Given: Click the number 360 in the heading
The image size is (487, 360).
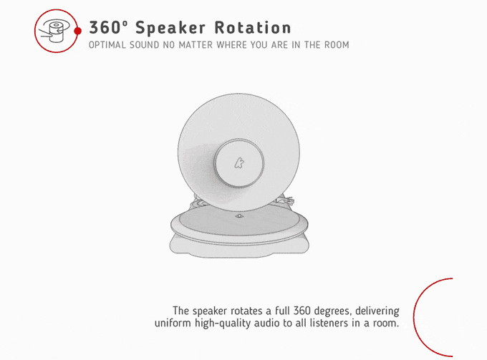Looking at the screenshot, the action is pos(105,28).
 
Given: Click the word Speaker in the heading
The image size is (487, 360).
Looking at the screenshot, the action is pos(170,29).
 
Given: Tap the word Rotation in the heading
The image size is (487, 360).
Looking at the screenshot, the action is pos(253,28).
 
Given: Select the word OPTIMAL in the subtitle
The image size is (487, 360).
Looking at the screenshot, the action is pos(107,45).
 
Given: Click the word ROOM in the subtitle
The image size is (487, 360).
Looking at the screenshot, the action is pos(337,45).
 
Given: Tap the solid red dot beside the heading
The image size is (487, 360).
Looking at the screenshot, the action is pos(78,31).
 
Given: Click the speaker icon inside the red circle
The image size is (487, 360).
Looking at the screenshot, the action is pos(53,31).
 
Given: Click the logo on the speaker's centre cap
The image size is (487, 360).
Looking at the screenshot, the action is pos(238,162).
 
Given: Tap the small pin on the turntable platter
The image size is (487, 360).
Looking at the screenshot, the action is pos(239,215).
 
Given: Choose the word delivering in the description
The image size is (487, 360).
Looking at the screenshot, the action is pos(377,311).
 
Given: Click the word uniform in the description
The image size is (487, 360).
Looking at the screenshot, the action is pos(173,323).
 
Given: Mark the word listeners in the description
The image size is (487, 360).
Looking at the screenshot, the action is pos(329,323).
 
